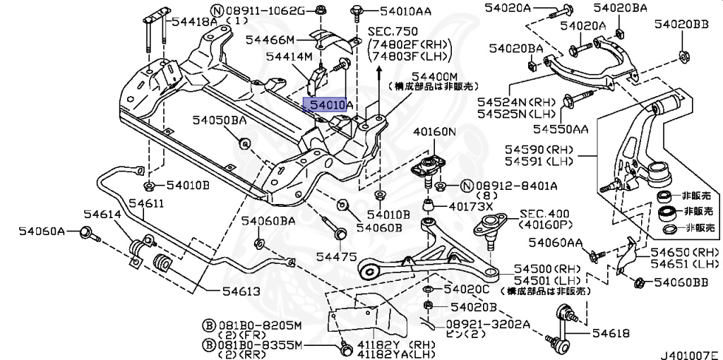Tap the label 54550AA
coord(560,128)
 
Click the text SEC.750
coord(393,32)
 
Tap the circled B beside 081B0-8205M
coord(208,325)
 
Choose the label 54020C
coord(467,290)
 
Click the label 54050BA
coord(220,121)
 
